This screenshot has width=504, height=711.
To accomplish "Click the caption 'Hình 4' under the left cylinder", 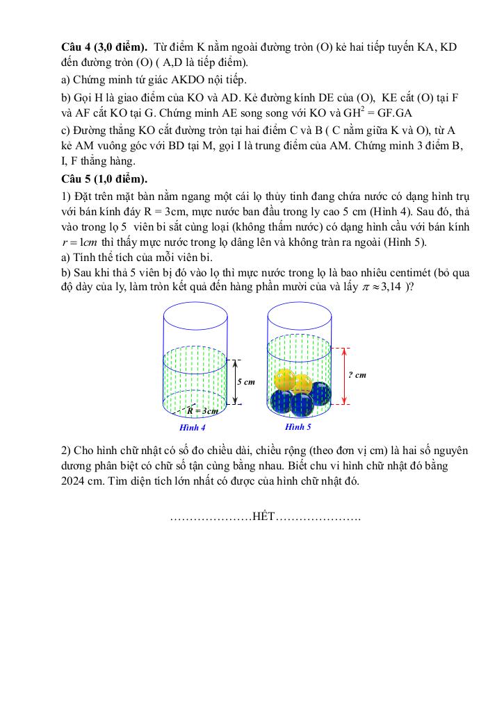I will click(192, 427).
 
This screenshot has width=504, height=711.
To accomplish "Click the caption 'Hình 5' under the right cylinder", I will click(298, 426).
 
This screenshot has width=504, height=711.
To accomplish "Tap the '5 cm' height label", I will click(246, 382).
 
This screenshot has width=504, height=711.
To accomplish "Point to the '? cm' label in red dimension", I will click(357, 375).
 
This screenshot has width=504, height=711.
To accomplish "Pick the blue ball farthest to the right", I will click(320, 393).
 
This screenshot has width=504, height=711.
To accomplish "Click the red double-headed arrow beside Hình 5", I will click(346, 376).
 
